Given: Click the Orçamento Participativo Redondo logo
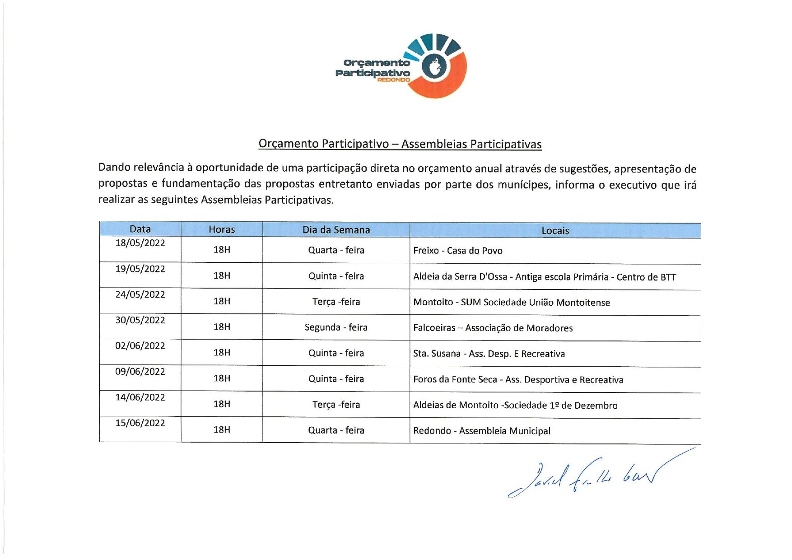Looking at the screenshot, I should tap(401, 66).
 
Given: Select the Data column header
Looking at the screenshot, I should tap(140, 229).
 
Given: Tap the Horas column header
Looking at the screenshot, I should tap(222, 229).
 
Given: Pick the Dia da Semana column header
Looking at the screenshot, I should tap(336, 230).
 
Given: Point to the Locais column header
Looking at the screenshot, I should tap(555, 231).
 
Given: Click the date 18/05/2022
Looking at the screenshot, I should tap(140, 243).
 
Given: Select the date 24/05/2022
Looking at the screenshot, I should tap(140, 294).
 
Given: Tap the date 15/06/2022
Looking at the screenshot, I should tap(140, 423).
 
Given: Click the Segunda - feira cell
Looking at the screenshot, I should tap(336, 327).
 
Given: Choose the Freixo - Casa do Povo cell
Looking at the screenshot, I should tap(457, 251).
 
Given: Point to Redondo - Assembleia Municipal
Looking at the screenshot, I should tap(482, 431).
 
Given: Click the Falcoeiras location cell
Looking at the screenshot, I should tap(493, 328).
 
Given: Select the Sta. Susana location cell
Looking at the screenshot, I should tap(489, 354).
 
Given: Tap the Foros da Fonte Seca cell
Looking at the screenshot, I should tap(518, 379).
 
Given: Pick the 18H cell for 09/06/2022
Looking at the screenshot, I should tap(222, 378).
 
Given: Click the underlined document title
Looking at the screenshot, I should tap(400, 144).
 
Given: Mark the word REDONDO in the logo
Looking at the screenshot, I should tap(393, 80).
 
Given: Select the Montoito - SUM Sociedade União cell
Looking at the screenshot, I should tap(511, 302).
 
